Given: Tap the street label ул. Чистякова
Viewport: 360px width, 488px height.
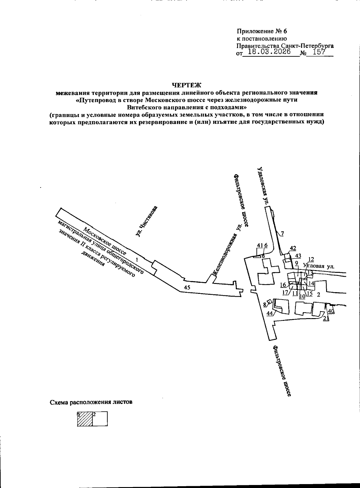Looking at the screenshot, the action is click(x=146, y=221).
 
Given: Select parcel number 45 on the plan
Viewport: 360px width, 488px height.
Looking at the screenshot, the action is click(x=187, y=287).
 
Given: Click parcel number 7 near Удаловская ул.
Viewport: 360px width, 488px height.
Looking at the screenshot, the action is click(x=282, y=234).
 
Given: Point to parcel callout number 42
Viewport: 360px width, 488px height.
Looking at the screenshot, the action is click(x=293, y=248).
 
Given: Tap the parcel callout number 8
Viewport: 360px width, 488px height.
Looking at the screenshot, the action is click(x=265, y=305).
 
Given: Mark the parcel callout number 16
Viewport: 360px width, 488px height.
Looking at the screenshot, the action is click(x=283, y=285).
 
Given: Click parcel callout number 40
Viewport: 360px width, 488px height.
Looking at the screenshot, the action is click(x=331, y=311).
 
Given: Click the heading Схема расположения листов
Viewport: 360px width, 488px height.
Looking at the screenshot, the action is click(x=91, y=402).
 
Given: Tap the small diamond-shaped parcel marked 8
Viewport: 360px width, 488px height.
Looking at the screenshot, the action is click(x=269, y=302).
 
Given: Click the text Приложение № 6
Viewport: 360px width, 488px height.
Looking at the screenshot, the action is click(x=262, y=32).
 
